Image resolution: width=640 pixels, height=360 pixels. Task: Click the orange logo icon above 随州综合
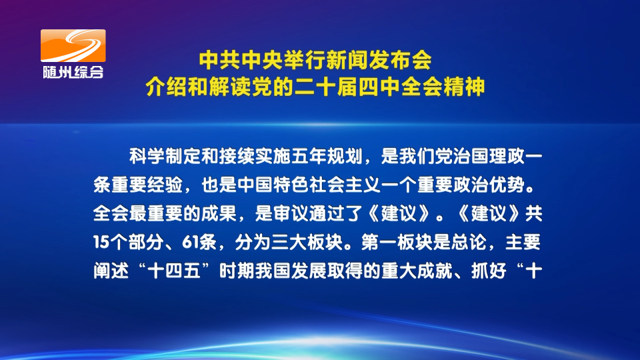[x=73, y=46]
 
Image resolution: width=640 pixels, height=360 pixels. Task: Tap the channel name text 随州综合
[x=73, y=72]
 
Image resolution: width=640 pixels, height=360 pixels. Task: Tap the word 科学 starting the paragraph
[x=147, y=157]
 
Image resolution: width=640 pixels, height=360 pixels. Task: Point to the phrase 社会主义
[x=345, y=185]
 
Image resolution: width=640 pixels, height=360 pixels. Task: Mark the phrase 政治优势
[x=489, y=185]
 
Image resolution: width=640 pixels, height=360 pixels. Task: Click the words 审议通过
[x=309, y=214]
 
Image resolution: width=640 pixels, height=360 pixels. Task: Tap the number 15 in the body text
[x=101, y=243]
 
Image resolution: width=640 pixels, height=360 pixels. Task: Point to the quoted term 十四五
[x=174, y=271]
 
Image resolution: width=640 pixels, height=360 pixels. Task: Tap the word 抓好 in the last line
[x=489, y=271]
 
